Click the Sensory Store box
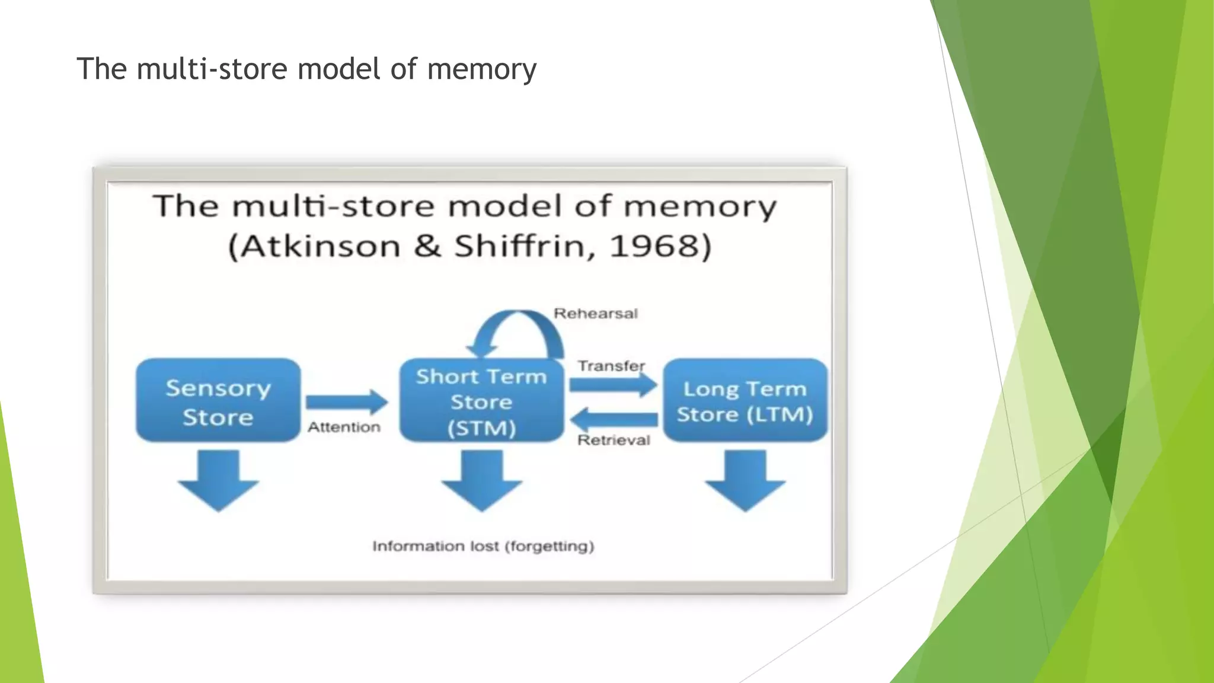coord(218,400)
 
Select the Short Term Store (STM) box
coord(481,401)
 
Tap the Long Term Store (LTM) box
coord(745,400)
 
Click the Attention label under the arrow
coord(344,427)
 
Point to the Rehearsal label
coord(595,314)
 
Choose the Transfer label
coord(611,366)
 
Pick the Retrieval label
coord(614,440)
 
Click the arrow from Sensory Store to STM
coord(347,403)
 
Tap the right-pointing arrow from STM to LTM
coord(613,385)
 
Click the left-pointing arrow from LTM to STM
coord(613,420)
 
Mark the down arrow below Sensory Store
coord(218,480)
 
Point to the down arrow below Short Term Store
coord(481,480)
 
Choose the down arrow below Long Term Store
coord(745,480)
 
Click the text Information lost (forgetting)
coord(483,546)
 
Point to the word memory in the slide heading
coord(481,69)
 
